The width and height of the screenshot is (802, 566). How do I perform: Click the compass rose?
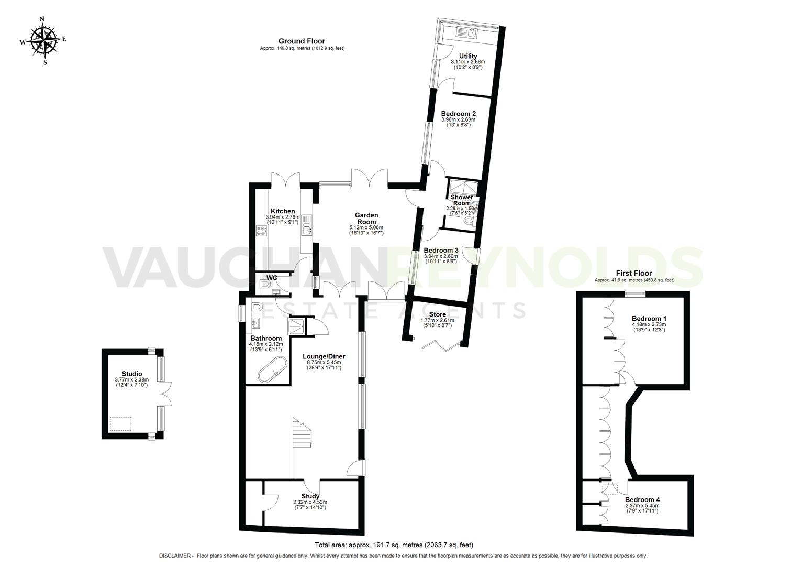pos(43,40)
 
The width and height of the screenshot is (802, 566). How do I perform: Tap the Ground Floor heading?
pos(302,41)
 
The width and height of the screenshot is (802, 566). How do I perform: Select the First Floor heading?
pos(633,273)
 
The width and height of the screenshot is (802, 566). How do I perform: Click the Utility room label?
pos(468,56)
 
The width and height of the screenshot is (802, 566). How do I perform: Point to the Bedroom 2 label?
pos(458,113)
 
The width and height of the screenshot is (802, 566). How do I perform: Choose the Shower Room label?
pos(462,200)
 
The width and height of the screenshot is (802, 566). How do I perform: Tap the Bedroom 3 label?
pos(441,251)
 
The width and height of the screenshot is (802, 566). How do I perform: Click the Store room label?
pos(437,314)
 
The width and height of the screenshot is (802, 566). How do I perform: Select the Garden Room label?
pos(366,218)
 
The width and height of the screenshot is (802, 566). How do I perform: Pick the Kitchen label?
pos(283,211)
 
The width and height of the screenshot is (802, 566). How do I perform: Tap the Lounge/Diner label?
pos(324,356)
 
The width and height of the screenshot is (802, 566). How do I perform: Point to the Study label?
pos(310,496)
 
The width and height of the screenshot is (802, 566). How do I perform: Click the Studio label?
pos(132,374)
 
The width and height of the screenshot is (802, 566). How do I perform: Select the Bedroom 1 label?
pos(649,319)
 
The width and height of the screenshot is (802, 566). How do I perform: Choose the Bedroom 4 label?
pos(642,499)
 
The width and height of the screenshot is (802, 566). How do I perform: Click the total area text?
pos(394,545)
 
